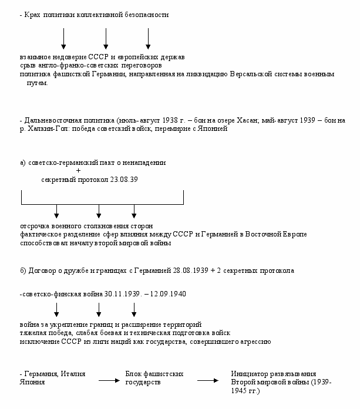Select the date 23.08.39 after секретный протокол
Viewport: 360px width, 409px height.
125,180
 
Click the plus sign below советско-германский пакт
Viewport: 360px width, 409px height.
78,171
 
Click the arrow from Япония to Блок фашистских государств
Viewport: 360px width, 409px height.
110,381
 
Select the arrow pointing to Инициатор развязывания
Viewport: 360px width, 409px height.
208,381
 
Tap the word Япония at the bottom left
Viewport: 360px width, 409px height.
32,381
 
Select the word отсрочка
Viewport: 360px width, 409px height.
35,226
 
